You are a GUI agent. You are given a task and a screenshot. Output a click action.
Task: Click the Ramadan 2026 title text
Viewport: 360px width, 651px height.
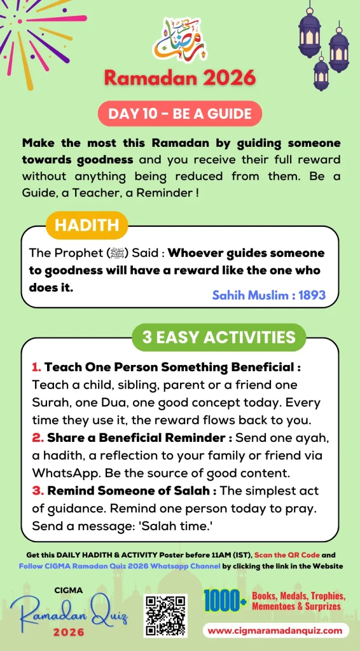[179, 78]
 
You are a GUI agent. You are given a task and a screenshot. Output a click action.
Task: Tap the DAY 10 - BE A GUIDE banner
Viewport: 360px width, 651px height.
[180, 114]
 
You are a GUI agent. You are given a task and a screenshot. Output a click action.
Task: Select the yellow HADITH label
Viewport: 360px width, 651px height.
[87, 224]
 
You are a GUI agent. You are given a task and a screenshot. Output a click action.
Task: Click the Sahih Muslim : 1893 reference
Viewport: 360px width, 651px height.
[268, 295]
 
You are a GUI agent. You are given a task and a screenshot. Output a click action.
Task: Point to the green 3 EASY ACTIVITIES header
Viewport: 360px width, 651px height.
[219, 337]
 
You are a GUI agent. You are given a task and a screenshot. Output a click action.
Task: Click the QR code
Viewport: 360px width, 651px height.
[165, 615]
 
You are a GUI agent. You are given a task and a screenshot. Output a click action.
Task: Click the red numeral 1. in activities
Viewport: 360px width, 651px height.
[36, 367]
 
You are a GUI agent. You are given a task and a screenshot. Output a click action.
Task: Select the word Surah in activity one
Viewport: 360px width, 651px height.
[53, 403]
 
